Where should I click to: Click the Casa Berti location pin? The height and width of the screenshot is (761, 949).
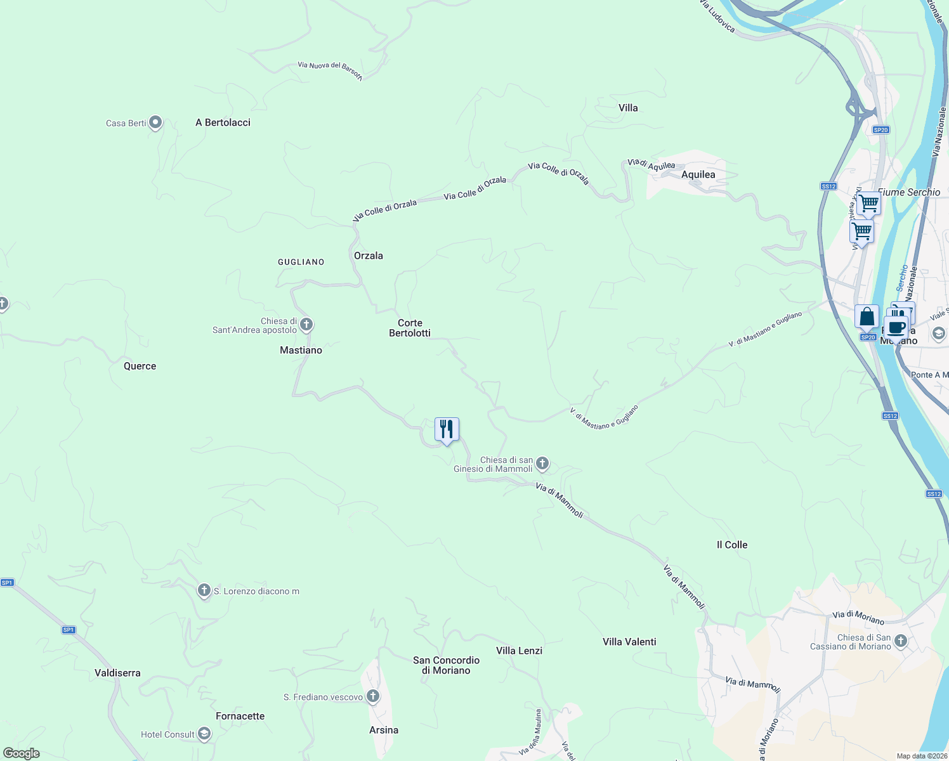coord(155,122)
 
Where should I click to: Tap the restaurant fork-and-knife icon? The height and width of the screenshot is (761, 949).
coord(447,429)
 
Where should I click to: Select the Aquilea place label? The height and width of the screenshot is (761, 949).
coord(698,174)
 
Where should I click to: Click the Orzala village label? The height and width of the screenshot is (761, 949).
coord(369,256)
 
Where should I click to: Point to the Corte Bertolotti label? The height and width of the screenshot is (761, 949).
coord(410,328)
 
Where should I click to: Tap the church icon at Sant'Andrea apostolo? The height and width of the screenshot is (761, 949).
coord(306,325)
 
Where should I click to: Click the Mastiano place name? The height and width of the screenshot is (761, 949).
coord(301,350)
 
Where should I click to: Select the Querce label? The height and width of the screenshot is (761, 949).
coord(140,366)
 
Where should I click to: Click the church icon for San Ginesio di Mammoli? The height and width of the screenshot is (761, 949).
coord(542,464)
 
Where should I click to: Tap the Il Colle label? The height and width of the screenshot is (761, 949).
coord(732,545)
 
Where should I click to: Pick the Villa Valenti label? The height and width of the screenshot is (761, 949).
coord(629,642)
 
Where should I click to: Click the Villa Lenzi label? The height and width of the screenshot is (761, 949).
coord(519,651)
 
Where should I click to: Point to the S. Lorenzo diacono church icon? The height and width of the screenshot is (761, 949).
coord(204,590)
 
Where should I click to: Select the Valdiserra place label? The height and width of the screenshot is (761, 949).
coord(117,673)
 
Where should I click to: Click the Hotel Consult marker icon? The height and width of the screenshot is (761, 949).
coord(204,734)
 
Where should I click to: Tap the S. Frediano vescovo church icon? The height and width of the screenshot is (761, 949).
coord(373,696)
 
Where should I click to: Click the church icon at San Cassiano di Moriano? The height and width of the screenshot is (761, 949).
coord(901,641)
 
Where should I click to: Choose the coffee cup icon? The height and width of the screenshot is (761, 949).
coord(896,328)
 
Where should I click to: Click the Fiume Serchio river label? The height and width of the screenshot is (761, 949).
coord(909,192)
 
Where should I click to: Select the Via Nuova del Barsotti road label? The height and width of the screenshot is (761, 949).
coord(330,70)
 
